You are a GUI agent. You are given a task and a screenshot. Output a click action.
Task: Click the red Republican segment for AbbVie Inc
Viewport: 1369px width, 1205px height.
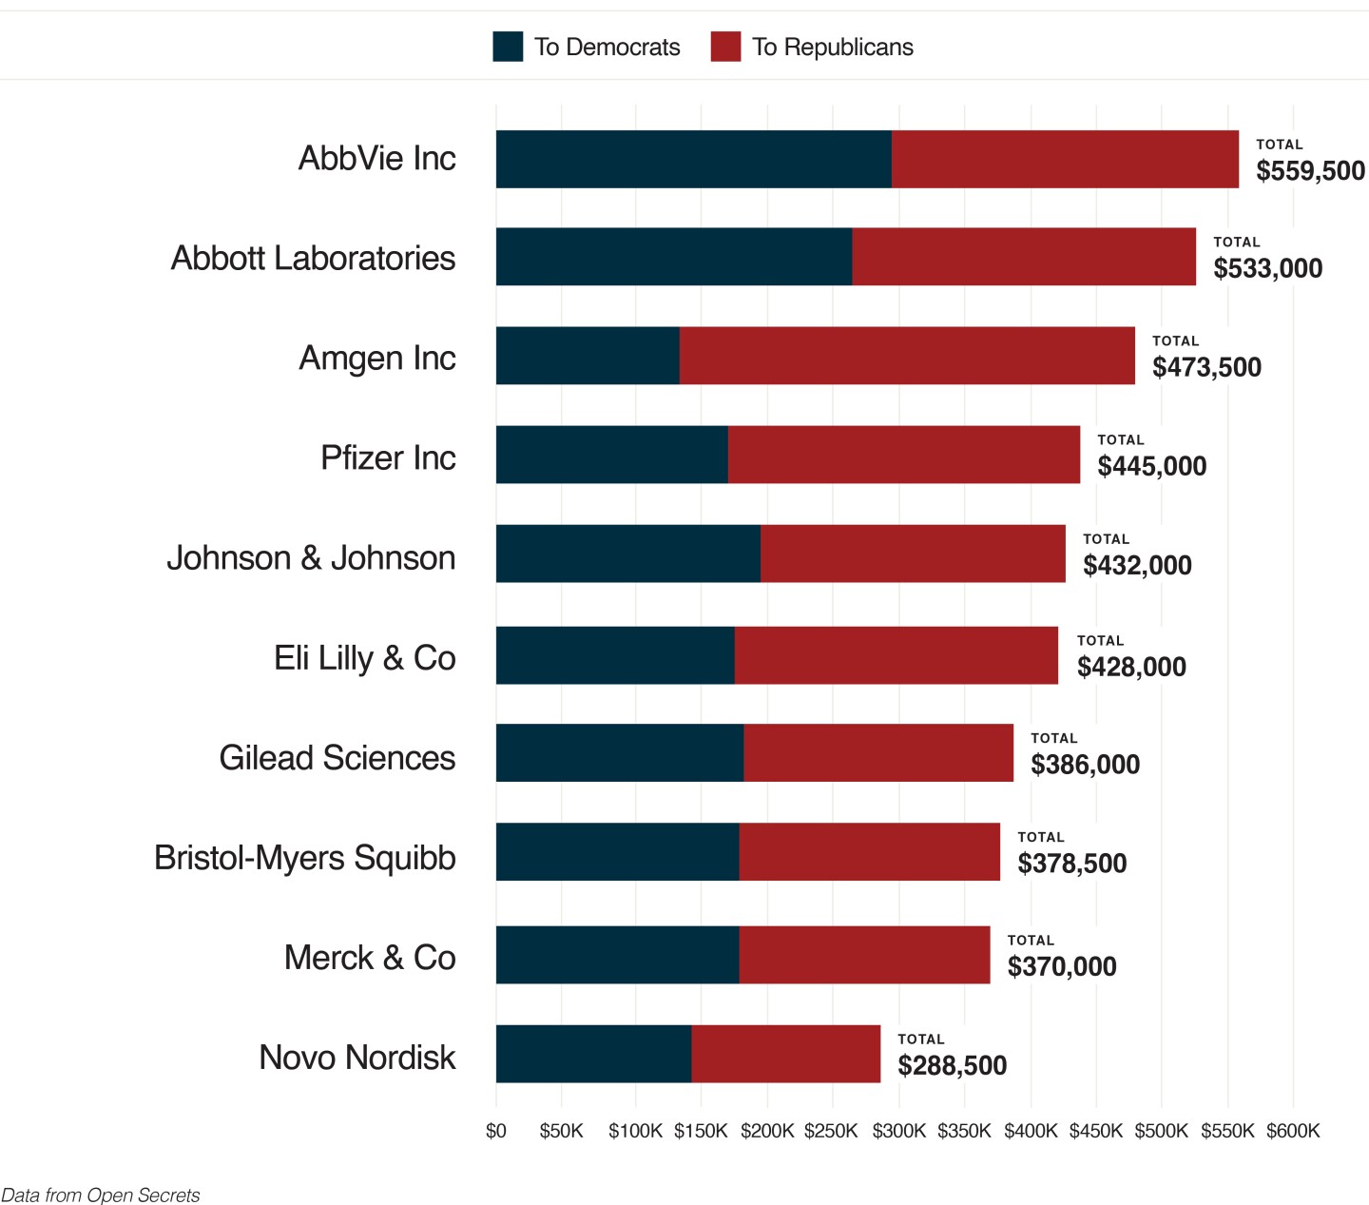pos(1065,159)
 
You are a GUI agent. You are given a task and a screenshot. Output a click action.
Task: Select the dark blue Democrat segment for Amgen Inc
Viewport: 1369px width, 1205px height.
pos(588,356)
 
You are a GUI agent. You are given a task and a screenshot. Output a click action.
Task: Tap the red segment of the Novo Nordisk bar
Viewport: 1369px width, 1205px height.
pos(785,1054)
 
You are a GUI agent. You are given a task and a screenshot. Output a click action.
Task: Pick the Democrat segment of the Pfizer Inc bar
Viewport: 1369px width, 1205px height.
pos(611,455)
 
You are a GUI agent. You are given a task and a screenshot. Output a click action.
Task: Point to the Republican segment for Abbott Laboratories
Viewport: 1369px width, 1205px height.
pos(1024,257)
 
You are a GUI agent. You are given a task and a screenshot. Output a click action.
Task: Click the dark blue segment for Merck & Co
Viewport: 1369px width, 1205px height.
pos(617,955)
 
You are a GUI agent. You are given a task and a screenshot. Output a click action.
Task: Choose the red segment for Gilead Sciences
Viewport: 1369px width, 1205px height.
pos(878,753)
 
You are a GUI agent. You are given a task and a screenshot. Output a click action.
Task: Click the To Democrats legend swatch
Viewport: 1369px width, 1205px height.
pos(508,47)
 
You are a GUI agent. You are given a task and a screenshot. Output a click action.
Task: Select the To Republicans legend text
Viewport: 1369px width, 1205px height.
pos(833,48)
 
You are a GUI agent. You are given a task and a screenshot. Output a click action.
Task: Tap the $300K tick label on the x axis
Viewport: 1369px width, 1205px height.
pos(898,1131)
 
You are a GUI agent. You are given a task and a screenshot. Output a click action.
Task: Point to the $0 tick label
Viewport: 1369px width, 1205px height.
pos(495,1131)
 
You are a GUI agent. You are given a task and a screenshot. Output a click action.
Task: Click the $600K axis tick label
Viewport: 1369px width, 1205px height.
pos(1293,1131)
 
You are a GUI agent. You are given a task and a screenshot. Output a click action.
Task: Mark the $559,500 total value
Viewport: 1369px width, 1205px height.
pos(1310,171)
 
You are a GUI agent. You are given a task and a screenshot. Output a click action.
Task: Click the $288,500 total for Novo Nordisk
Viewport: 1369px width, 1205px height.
pos(952,1065)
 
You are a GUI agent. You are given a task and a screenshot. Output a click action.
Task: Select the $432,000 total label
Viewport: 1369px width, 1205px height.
pos(1137,566)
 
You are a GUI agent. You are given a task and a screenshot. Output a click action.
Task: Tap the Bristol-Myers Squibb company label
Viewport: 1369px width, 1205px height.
pos(305,857)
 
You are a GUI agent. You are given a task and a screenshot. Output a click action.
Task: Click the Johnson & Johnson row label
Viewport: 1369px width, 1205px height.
pos(311,557)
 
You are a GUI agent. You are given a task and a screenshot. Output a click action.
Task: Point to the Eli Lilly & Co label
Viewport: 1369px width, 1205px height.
pos(365,657)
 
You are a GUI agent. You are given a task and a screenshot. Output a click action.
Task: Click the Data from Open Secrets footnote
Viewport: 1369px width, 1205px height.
pos(101,1195)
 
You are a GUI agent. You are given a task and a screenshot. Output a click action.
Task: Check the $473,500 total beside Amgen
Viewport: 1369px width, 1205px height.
pos(1206,367)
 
